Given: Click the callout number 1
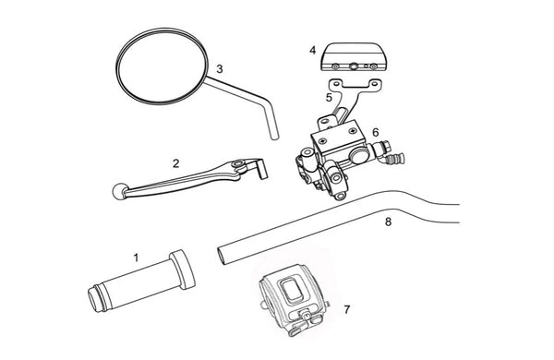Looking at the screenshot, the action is (136, 258).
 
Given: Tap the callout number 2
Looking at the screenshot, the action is (176, 163).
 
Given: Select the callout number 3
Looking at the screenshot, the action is (220, 69).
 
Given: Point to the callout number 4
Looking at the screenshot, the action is (313, 51).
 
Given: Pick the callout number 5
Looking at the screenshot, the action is (329, 98).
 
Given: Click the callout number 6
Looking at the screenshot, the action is (375, 133).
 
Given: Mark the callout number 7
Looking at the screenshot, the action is (347, 309).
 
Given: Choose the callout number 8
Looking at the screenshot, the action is (388, 222).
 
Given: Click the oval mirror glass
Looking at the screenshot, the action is (162, 66).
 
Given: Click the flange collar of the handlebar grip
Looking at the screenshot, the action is (182, 270).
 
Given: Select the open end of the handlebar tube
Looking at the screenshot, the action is (222, 256).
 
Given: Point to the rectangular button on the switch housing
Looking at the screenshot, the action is (292, 291).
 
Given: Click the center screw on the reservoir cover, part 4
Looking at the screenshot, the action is (354, 66).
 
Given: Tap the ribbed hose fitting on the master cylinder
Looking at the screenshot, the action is (395, 159).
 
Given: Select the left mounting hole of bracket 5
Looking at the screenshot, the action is (336, 84).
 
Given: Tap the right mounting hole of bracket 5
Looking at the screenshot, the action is (374, 84).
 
